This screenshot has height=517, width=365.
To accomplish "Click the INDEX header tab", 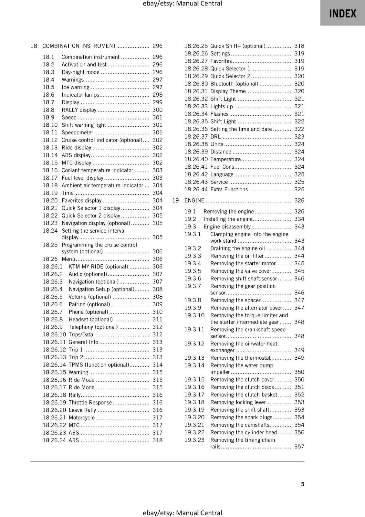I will pos(342,13).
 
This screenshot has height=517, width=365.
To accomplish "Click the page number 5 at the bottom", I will pos(303,484).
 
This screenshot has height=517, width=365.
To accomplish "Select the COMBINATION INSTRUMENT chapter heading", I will pos(79,46).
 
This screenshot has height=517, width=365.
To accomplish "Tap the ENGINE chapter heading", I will pos(194,200).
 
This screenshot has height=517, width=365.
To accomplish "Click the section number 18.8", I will pos(48,110).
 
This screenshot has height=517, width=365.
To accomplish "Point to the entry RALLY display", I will pos(79,110).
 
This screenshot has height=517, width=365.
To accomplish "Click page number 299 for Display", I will pos(157,102).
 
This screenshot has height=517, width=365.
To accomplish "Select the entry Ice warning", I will pos(75,87).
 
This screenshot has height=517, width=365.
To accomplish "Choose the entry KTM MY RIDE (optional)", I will pos(98,267).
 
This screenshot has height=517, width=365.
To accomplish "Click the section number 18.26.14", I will pos(54,365).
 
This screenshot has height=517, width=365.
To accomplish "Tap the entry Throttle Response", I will pos(90,403).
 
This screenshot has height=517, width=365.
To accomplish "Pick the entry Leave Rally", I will pos(82,410).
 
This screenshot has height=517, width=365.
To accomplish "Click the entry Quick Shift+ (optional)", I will pos(238,46).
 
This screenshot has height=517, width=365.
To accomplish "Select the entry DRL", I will pos(215,137).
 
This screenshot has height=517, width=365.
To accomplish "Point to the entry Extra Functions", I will pos(229,190).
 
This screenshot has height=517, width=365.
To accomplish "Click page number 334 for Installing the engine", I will pos(299,219).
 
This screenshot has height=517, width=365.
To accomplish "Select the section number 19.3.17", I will pos(194,395).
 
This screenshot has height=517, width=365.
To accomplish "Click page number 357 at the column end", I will pos(299,447).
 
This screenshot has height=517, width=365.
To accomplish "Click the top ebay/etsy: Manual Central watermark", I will pos(182,4).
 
